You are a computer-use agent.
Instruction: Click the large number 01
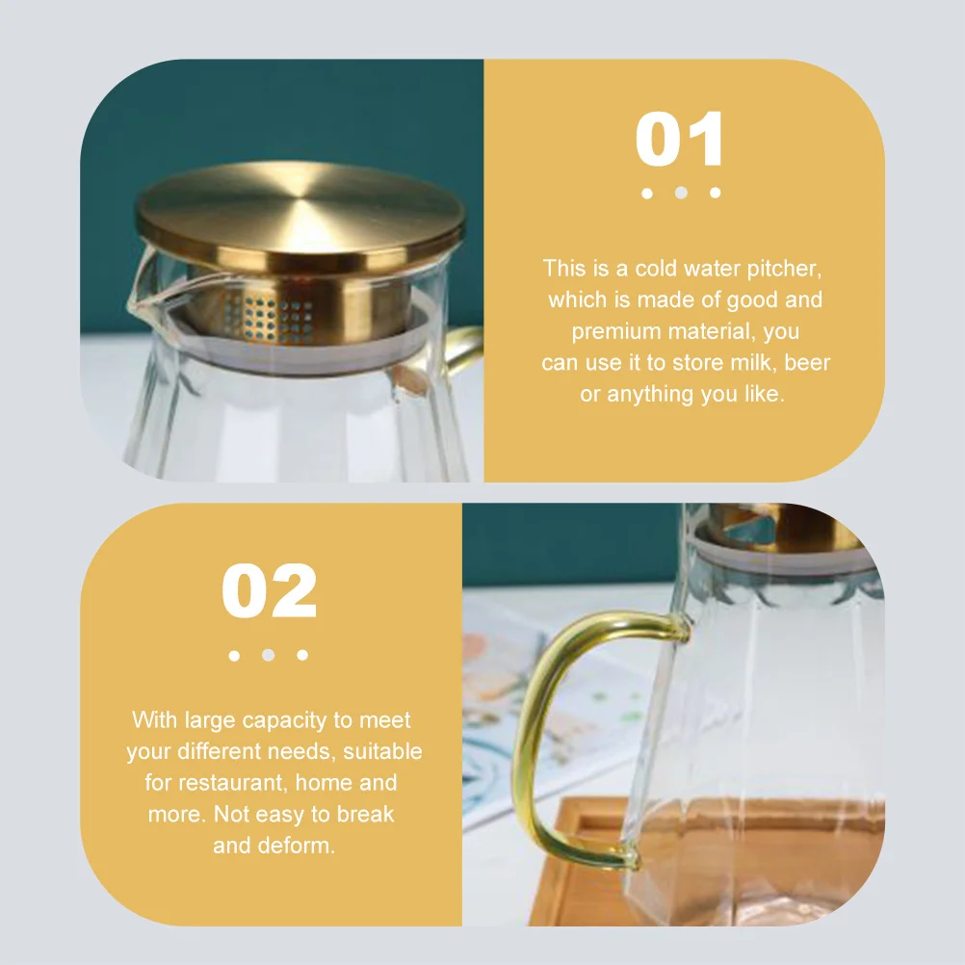(x=680, y=141)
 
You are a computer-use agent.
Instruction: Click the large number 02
(x=269, y=591)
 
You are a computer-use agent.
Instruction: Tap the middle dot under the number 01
(x=681, y=193)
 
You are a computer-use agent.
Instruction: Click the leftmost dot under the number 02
(x=234, y=655)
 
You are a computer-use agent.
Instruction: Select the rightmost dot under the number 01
(x=715, y=193)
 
